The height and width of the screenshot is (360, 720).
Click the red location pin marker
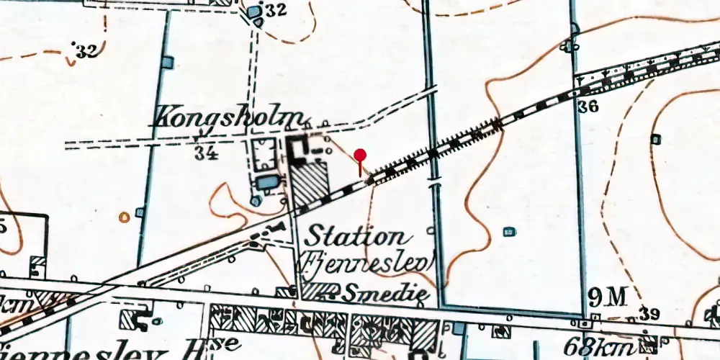coord(361,155)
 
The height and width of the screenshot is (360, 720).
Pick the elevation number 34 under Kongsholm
coord(206,152)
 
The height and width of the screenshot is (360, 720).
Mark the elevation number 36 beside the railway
coord(588,107)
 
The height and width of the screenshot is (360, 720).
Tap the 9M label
coord(603,296)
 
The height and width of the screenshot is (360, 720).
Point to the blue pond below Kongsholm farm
coord(268,182)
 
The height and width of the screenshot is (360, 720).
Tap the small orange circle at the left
coord(125,215)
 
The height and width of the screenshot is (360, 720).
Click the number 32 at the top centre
coord(276,10)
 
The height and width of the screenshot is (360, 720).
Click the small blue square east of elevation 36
coord(656,138)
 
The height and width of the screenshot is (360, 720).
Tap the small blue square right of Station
coord(509,231)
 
